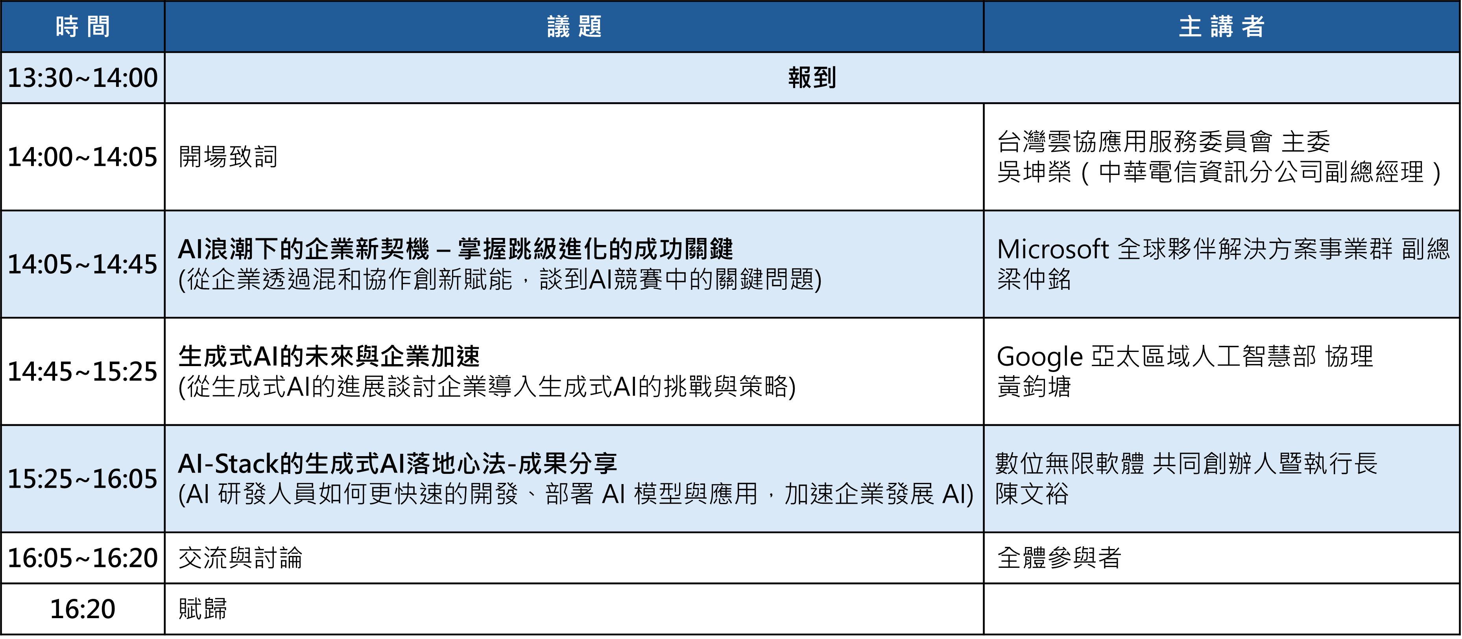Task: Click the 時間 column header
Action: point(83,27)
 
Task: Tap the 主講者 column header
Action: point(1221,27)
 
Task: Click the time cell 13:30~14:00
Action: point(83,78)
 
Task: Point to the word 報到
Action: point(812,78)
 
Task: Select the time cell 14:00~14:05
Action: point(83,157)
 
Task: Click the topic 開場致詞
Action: point(228,157)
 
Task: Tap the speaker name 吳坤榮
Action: point(1034,172)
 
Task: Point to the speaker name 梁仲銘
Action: point(1034,279)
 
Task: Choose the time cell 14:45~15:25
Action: point(83,371)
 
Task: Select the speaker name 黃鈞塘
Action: point(1034,387)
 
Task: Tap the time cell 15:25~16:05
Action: point(83,479)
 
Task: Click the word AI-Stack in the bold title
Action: point(229,464)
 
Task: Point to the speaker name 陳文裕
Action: point(1032,494)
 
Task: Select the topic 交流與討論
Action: point(241,558)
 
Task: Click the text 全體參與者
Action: point(1060,558)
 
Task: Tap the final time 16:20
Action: point(83,609)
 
